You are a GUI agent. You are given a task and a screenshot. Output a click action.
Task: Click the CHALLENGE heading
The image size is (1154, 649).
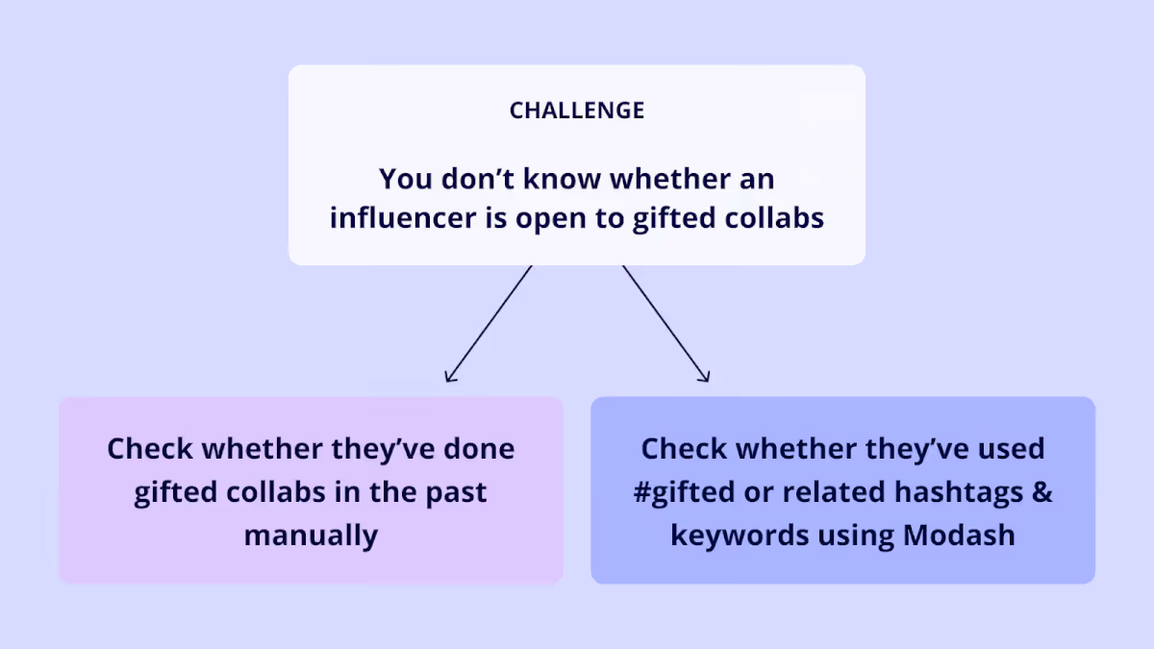click(x=577, y=111)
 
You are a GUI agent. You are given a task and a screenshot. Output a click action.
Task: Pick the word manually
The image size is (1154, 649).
click(x=311, y=535)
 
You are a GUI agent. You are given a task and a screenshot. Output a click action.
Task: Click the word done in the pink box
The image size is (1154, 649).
click(x=477, y=449)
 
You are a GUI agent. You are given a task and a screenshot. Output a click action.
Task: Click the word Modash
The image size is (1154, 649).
click(x=958, y=535)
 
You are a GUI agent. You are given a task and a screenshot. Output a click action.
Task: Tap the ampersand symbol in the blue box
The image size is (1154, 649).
click(x=1042, y=493)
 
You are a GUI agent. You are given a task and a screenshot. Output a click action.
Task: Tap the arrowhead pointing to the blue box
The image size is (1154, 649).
click(x=705, y=377)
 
